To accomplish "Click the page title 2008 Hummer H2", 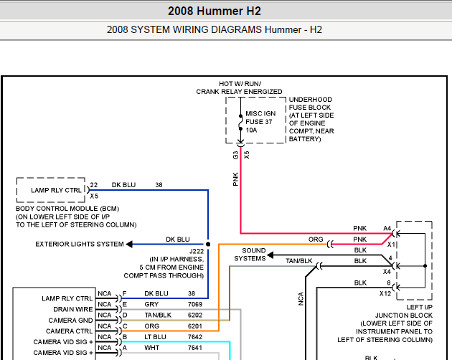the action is (x=215, y=11).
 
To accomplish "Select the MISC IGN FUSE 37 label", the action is (x=260, y=118).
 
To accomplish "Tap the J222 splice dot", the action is (x=208, y=244).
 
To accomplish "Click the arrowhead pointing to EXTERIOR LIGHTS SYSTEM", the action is (x=129, y=244).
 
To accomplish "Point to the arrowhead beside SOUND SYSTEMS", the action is (x=270, y=255).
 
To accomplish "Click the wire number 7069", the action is (x=195, y=304).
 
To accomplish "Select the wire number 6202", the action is (x=195, y=315).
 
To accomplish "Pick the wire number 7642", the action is (x=195, y=337).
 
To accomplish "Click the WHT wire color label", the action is (x=151, y=348).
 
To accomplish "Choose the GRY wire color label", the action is (x=151, y=304).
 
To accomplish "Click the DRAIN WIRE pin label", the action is (x=73, y=309).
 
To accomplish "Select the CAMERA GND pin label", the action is (x=70, y=321).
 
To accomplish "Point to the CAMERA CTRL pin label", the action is (x=69, y=331).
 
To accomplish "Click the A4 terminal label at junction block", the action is (x=387, y=229).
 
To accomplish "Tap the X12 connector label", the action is (x=385, y=294).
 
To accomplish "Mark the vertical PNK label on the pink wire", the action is (x=236, y=179).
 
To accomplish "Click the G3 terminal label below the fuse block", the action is (x=236, y=156).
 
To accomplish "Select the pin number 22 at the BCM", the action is (x=94, y=185).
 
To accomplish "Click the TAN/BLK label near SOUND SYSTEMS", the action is (x=299, y=261).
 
